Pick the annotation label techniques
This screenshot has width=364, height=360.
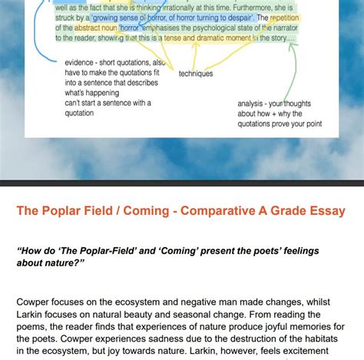click(x=196, y=74)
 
